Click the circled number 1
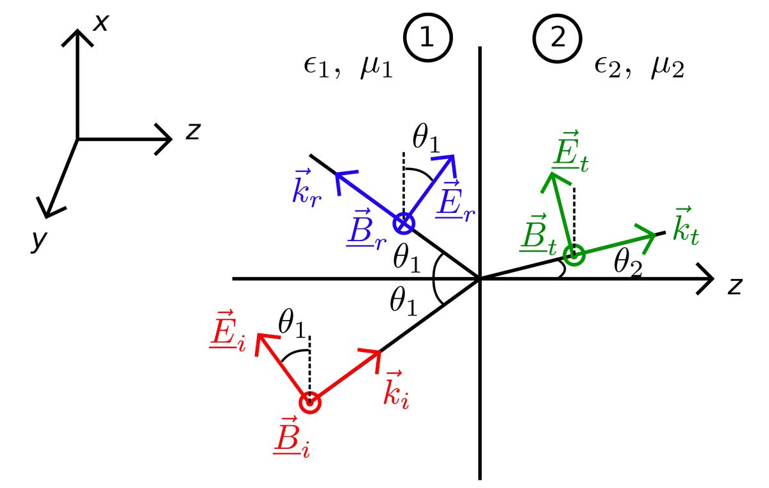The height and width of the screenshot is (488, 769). coord(427,39)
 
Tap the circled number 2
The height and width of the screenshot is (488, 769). coord(558,39)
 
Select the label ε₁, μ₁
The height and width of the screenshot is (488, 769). coord(348,67)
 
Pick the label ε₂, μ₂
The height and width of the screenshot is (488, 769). coord(639,67)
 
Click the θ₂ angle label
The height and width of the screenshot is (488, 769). coord(627,262)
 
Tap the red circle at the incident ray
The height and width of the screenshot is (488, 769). coord(310,403)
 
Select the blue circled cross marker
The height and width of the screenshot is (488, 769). coord(404,223)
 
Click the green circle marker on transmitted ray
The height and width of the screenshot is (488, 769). coord(574,255)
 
